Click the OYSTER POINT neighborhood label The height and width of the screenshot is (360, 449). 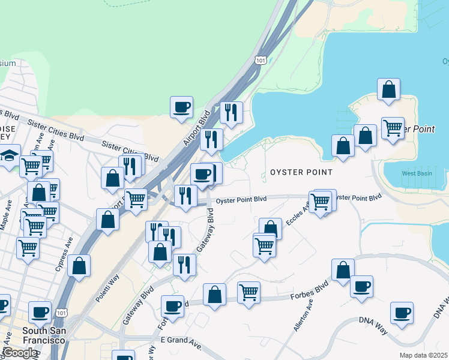[x=301, y=172]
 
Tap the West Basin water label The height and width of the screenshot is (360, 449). [x=416, y=173]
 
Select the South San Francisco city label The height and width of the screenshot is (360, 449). [x=43, y=335]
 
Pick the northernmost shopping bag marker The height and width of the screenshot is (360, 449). [x=389, y=89]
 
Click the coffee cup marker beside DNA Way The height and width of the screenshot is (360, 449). [x=402, y=313]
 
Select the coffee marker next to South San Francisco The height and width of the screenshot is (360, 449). [x=40, y=312]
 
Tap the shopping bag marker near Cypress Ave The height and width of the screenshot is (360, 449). [x=79, y=265]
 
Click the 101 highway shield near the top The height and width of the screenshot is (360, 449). [x=260, y=60]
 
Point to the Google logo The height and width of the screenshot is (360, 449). [x=19, y=353]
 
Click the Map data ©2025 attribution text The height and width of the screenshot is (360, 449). [x=421, y=355]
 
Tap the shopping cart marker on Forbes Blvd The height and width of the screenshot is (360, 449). [x=249, y=293]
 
